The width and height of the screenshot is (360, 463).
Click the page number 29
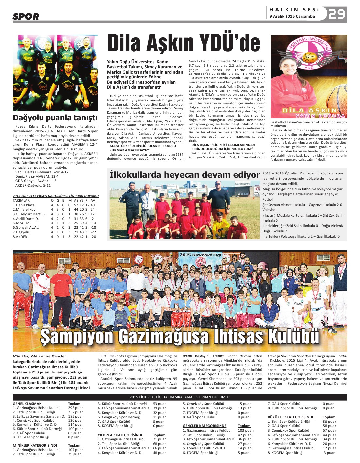(337, 14)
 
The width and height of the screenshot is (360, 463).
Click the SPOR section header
(26, 16)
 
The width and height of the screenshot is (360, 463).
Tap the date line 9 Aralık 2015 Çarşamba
(292, 16)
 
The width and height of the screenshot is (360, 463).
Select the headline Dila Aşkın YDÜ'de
(184, 44)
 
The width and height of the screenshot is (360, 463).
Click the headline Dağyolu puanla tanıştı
(55, 118)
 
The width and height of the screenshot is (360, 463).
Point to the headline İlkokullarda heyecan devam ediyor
(185, 175)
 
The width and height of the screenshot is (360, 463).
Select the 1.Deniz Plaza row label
(24, 205)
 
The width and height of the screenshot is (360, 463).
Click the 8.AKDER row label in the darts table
(20, 237)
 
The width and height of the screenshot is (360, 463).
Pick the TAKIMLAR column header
(21, 200)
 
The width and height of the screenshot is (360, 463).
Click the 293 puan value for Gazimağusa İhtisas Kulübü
(75, 408)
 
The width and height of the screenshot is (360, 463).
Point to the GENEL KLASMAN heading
(27, 404)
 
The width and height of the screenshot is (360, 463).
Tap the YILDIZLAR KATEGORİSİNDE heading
(120, 435)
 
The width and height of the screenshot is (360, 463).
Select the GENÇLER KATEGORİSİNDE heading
(204, 426)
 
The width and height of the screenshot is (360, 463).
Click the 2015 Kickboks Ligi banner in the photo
(201, 255)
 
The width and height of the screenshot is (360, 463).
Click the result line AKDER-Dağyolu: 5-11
(33, 185)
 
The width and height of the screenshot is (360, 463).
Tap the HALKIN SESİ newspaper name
(294, 10)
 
